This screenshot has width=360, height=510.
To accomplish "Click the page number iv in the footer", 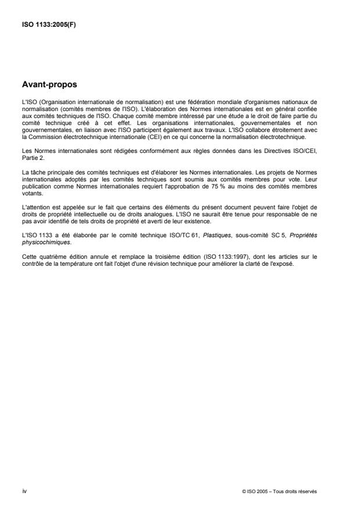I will [x=24, y=490].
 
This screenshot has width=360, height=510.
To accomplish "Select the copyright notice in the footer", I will [x=279, y=491].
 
